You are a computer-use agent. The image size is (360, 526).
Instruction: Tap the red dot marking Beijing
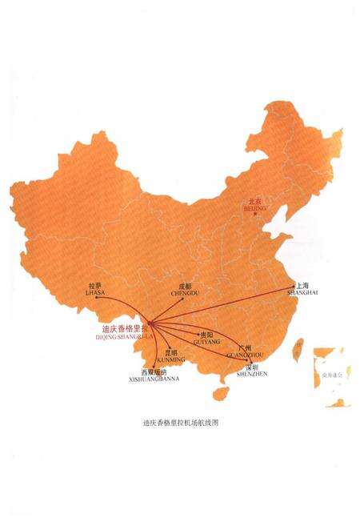pos(254,213)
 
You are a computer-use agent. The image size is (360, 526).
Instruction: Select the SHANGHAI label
pos(304,293)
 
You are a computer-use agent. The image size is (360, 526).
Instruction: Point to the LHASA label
pos(94,293)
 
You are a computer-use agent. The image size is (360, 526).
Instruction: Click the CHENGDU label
pos(184,294)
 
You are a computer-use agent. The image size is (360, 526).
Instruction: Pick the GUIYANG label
pos(207,339)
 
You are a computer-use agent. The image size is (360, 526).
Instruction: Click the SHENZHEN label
pos(254,373)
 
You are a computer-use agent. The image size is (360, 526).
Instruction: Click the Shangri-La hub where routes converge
pos(149,323)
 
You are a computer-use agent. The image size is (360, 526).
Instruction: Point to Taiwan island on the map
pos(297,347)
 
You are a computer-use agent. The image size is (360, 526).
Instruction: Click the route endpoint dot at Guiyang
pos(198,334)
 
